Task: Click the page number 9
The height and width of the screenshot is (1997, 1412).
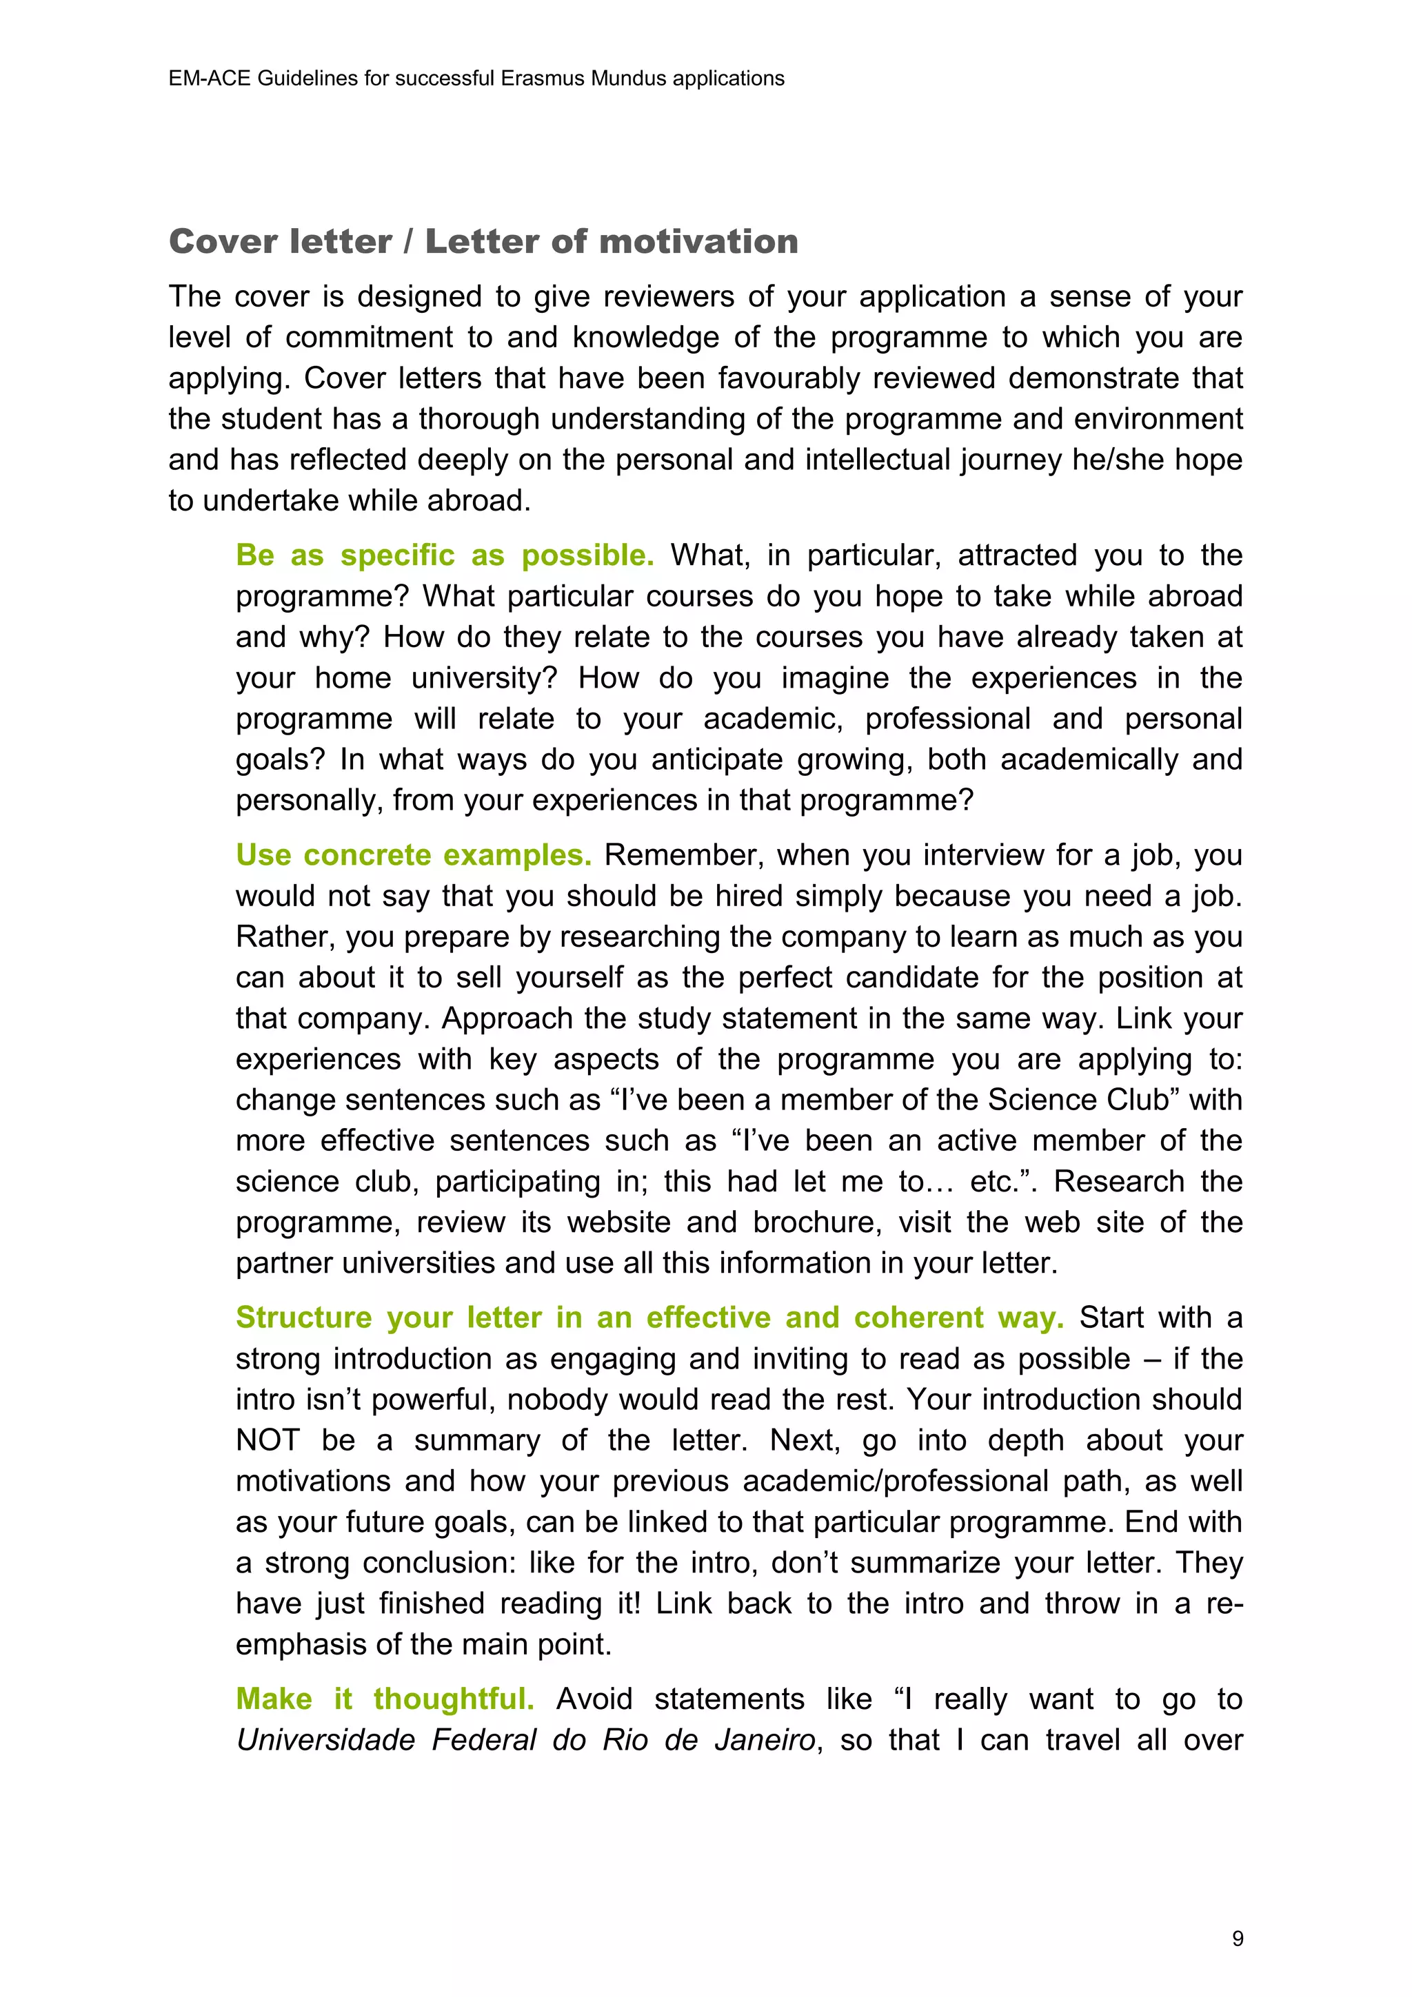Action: [1237, 1938]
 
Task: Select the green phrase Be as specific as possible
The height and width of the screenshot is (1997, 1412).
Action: [445, 555]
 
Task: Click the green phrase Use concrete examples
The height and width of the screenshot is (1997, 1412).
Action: [413, 855]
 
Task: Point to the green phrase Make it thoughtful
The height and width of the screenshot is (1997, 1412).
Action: [385, 1699]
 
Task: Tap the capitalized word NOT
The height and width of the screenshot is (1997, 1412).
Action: [267, 1440]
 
